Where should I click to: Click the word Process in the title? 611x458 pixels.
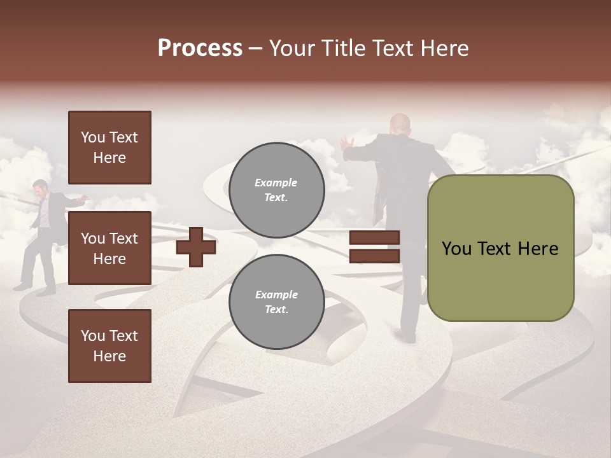tap(200, 48)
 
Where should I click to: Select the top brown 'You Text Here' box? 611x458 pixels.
tap(109, 148)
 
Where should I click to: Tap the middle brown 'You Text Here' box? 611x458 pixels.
tap(109, 248)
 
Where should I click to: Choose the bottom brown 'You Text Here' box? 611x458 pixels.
tap(109, 345)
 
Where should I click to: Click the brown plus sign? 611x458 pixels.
tap(196, 247)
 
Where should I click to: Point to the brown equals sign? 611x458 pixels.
tap(374, 247)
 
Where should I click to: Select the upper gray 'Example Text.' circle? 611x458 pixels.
tap(276, 190)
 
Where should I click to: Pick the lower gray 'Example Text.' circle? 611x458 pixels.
tap(276, 302)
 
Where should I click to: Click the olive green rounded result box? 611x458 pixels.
tap(500, 248)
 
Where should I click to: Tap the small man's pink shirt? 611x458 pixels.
tap(43, 213)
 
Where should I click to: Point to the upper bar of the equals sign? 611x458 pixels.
tap(374, 238)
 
